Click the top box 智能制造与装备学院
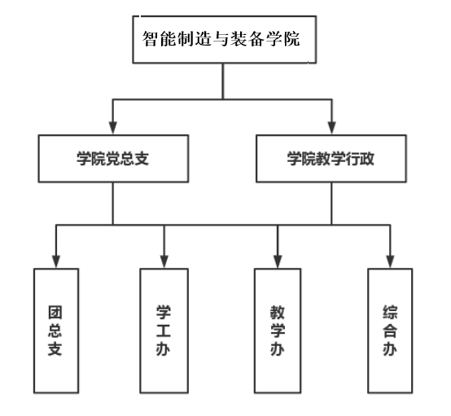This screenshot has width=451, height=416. coord(225,39)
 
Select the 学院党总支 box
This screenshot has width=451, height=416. coord(113,159)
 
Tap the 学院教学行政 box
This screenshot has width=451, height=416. coord(331,159)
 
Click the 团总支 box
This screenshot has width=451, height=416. coord(56,331)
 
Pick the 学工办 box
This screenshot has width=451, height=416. coord(164,331)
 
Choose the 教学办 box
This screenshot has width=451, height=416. coord(278,331)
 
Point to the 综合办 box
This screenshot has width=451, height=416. coord(390,331)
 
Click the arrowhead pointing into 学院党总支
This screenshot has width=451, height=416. coord(112,128)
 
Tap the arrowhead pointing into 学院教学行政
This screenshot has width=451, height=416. coord(332,128)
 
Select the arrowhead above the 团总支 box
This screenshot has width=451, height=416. coord(56,261)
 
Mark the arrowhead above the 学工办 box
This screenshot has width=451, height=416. coord(164,261)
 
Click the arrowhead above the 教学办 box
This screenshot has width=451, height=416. coord(278,261)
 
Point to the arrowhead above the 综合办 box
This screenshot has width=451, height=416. coord(390,261)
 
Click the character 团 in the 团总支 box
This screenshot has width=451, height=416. coord(55,313)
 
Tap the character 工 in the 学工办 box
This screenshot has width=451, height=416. coord(163,331)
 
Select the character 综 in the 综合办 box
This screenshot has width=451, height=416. coord(390,313)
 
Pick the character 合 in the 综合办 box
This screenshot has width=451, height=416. coord(390,331)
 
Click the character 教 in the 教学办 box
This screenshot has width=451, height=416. coord(278,313)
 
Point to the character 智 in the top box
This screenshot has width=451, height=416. coord(150,38)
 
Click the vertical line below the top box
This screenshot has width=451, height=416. coord(223,81)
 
